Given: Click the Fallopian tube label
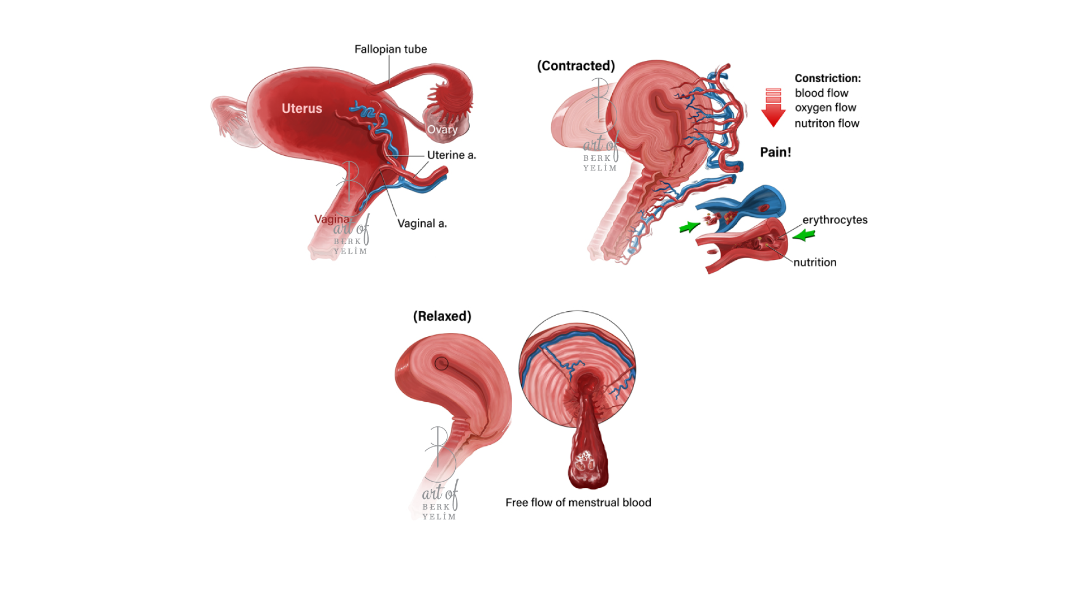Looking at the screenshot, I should point(390,49).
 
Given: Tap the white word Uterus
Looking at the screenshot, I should point(302,108).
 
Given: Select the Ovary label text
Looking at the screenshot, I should point(442,130).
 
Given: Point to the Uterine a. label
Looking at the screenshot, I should point(451,155).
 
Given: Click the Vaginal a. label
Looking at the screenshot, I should point(422,223).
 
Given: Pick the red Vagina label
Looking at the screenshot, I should point(332,219).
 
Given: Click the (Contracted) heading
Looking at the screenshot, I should point(576,66).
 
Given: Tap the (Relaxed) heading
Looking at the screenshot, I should point(442,316).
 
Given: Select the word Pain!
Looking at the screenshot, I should point(775,152).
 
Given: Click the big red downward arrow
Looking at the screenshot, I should point(774,108).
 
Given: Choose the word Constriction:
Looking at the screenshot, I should point(828,78).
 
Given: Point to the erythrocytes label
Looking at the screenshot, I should point(835,220).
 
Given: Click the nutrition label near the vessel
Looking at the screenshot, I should point(815,263).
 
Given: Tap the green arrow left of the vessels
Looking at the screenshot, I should point(689,226).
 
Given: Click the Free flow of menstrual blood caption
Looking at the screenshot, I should point(578,503).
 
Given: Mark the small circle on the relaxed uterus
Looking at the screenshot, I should point(441,364).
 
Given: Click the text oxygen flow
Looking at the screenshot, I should point(826,107).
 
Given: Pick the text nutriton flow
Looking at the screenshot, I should point(827,123).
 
